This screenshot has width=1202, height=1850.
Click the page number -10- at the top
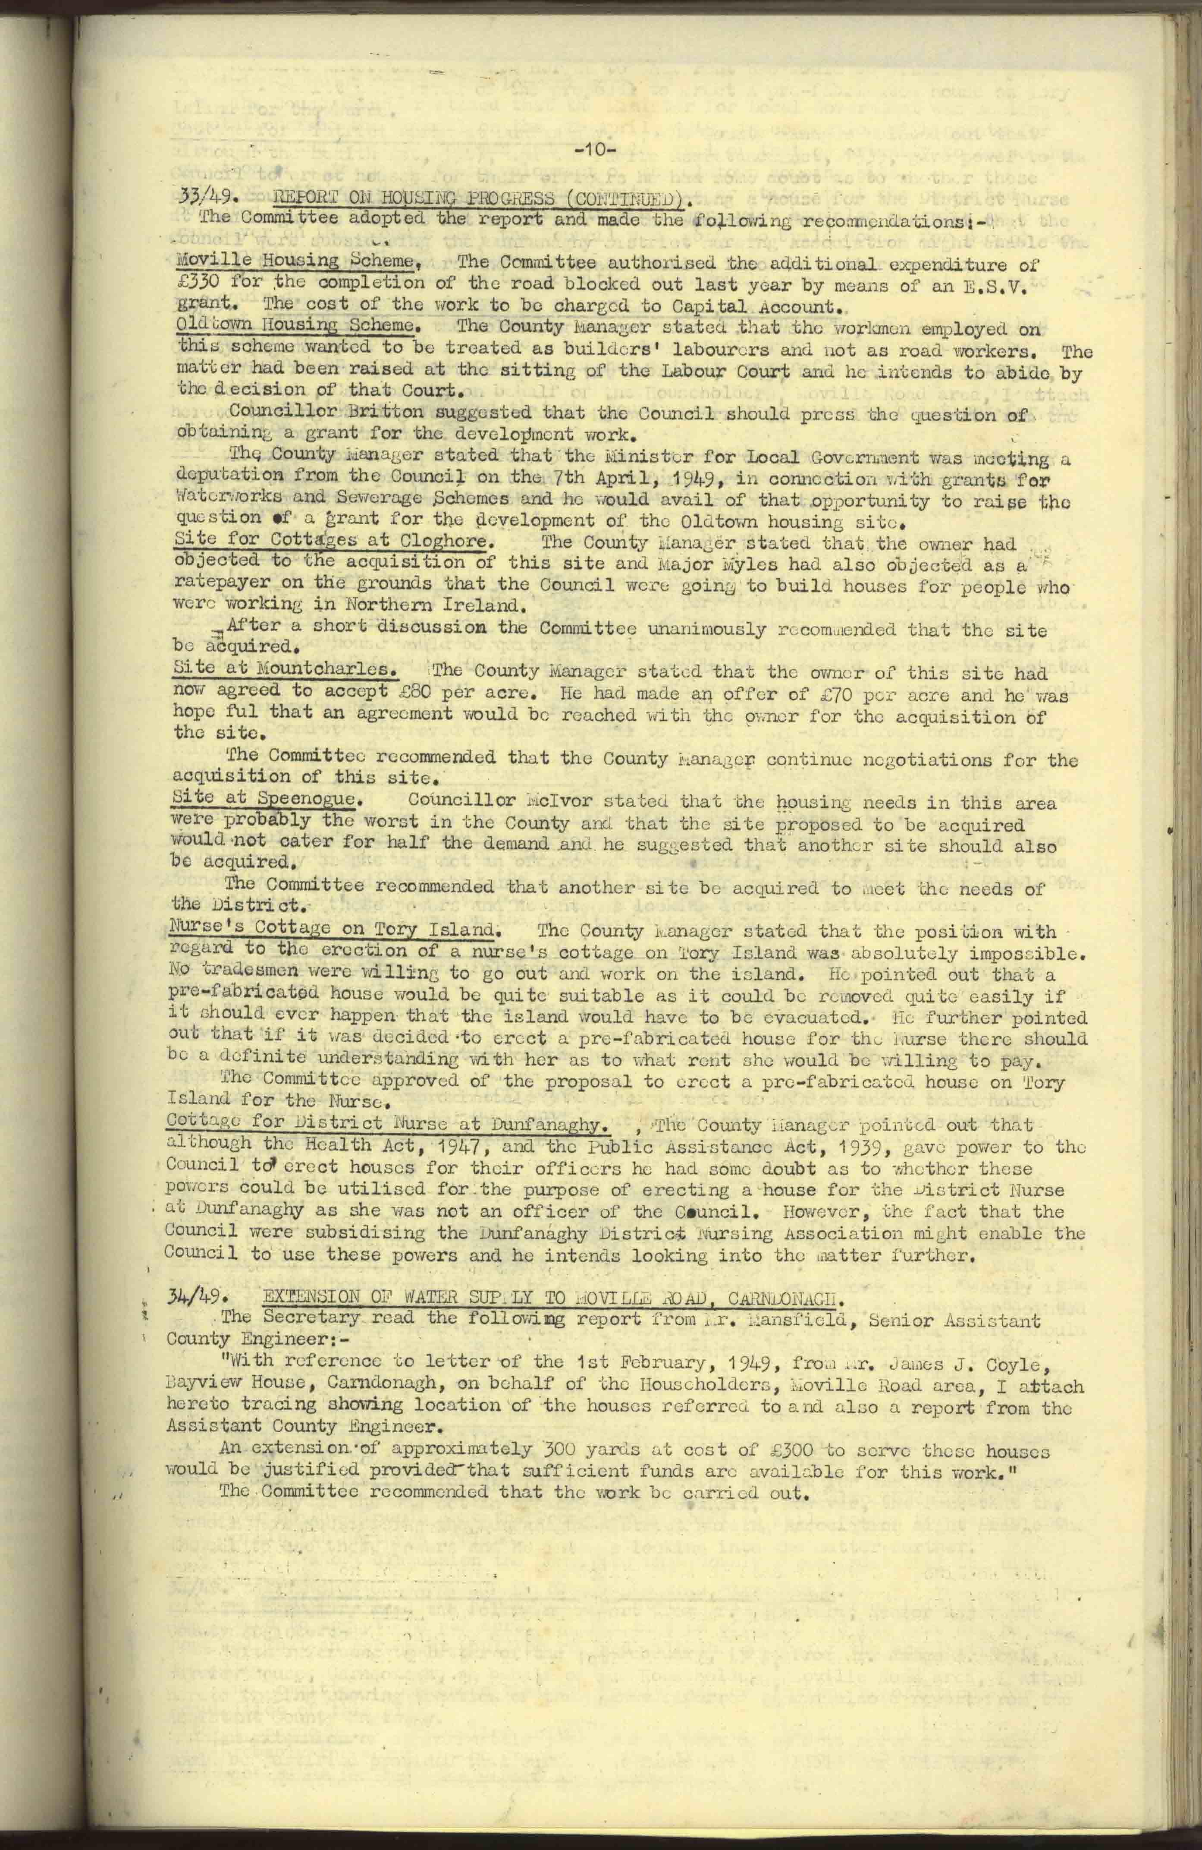(x=595, y=151)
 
